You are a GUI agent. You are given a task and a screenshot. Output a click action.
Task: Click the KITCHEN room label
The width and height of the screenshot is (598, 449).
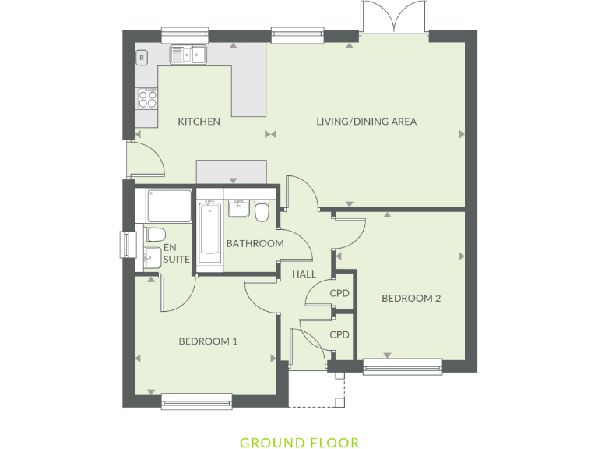click(199, 122)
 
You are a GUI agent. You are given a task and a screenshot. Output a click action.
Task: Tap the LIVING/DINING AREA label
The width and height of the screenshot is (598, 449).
click(366, 122)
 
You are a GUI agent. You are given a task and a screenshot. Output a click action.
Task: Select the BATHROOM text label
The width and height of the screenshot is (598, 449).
click(255, 243)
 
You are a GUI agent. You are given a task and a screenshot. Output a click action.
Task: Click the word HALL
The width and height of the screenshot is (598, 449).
click(304, 274)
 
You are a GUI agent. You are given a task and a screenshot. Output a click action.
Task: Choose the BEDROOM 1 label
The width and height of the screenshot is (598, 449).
click(208, 341)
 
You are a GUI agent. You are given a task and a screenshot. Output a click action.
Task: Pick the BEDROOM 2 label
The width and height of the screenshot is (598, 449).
click(411, 299)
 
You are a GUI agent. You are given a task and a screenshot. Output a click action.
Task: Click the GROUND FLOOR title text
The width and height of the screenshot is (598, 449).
click(299, 443)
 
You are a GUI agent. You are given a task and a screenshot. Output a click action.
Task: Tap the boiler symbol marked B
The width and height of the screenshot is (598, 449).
click(142, 57)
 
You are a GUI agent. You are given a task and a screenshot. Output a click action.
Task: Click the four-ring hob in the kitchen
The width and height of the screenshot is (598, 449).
click(147, 97)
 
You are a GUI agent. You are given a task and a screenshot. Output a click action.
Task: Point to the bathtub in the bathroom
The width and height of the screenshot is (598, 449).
click(209, 232)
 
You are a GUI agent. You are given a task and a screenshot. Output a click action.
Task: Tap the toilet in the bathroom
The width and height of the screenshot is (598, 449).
click(262, 210)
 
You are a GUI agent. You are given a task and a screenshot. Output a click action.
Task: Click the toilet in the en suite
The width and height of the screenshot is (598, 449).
click(153, 234)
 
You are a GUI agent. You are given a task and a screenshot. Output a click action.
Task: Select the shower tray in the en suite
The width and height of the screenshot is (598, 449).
click(168, 204)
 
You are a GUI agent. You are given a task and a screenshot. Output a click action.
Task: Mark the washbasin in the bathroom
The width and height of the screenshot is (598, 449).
click(237, 208)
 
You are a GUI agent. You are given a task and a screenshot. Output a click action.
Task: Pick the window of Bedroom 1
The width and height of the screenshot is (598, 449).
click(196, 401)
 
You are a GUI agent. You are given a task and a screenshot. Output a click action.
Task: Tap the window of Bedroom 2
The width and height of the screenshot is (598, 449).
click(403, 366)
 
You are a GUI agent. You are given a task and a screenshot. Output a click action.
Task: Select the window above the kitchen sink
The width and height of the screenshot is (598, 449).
click(185, 34)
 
